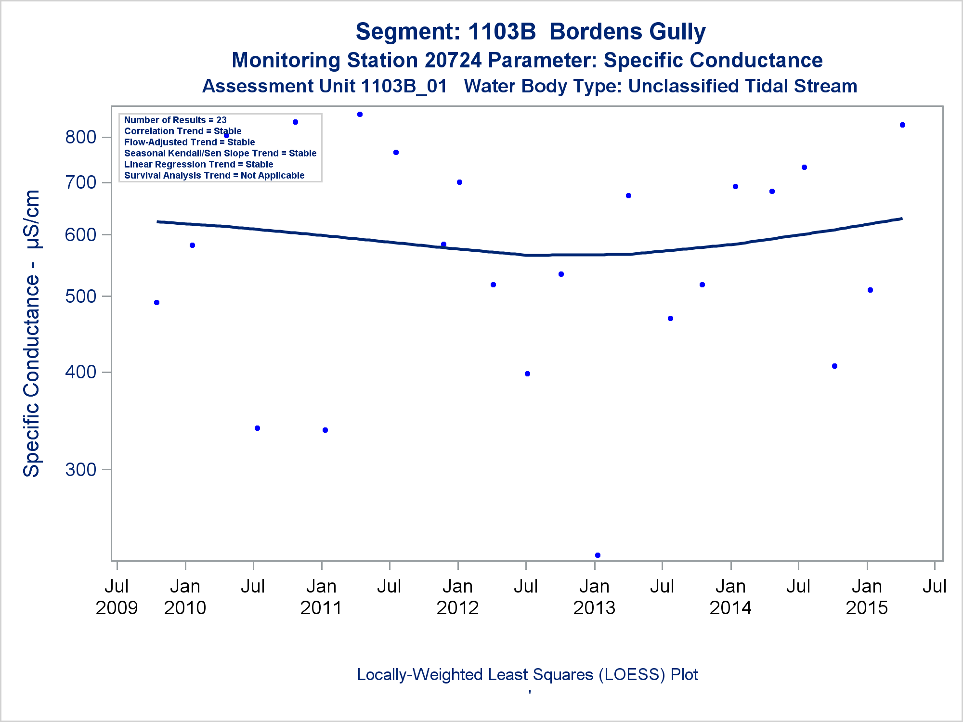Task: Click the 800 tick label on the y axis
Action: pos(80,137)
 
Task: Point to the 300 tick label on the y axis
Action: pos(80,469)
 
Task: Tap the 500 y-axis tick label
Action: pos(80,296)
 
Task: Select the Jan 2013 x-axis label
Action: pos(594,597)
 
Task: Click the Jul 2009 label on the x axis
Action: pos(117,597)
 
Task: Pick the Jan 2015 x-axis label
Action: pos(867,597)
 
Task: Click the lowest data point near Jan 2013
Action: pos(598,555)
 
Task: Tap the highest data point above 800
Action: pos(360,115)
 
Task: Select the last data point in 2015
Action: pos(902,125)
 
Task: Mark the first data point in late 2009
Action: pos(156,302)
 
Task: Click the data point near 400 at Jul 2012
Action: pos(527,374)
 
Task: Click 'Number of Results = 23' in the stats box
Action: pos(175,120)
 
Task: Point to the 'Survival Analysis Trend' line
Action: pos(214,175)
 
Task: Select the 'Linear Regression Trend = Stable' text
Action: pos(198,164)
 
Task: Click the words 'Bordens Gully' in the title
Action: pos(627,32)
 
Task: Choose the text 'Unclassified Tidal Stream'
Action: pos(742,86)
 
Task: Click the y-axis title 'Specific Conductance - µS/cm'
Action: pos(32,333)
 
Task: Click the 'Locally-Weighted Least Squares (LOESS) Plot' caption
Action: pos(527,674)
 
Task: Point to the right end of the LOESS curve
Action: pos(901,219)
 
